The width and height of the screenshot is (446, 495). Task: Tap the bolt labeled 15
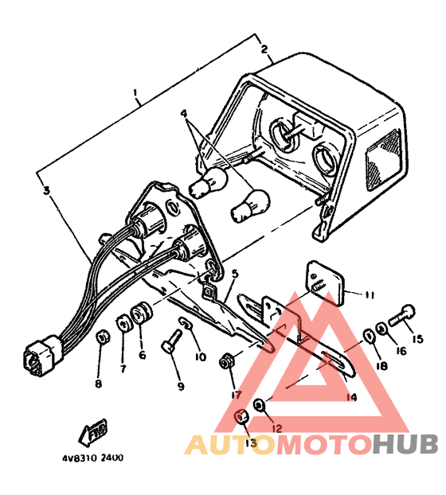[x=401, y=315]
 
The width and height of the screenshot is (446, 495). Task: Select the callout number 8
[x=98, y=384]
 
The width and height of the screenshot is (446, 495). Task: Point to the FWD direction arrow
[x=92, y=431]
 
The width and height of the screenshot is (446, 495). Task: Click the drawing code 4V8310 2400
[x=92, y=458]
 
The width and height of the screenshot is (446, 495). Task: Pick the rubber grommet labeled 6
[x=141, y=313]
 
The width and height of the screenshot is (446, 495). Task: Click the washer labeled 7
[x=124, y=323]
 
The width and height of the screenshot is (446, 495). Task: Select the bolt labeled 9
[x=171, y=341]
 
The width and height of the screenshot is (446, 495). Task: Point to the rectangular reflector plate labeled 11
[x=325, y=283]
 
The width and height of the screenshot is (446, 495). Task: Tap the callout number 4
[x=184, y=114]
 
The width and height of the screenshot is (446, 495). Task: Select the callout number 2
[x=264, y=49]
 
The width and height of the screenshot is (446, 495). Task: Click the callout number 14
[x=351, y=397]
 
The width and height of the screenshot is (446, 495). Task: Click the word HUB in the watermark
[x=405, y=445]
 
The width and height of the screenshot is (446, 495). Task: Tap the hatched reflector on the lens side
[x=382, y=161]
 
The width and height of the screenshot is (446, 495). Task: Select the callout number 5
[x=234, y=274]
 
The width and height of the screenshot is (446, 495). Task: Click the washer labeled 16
[x=381, y=329]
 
